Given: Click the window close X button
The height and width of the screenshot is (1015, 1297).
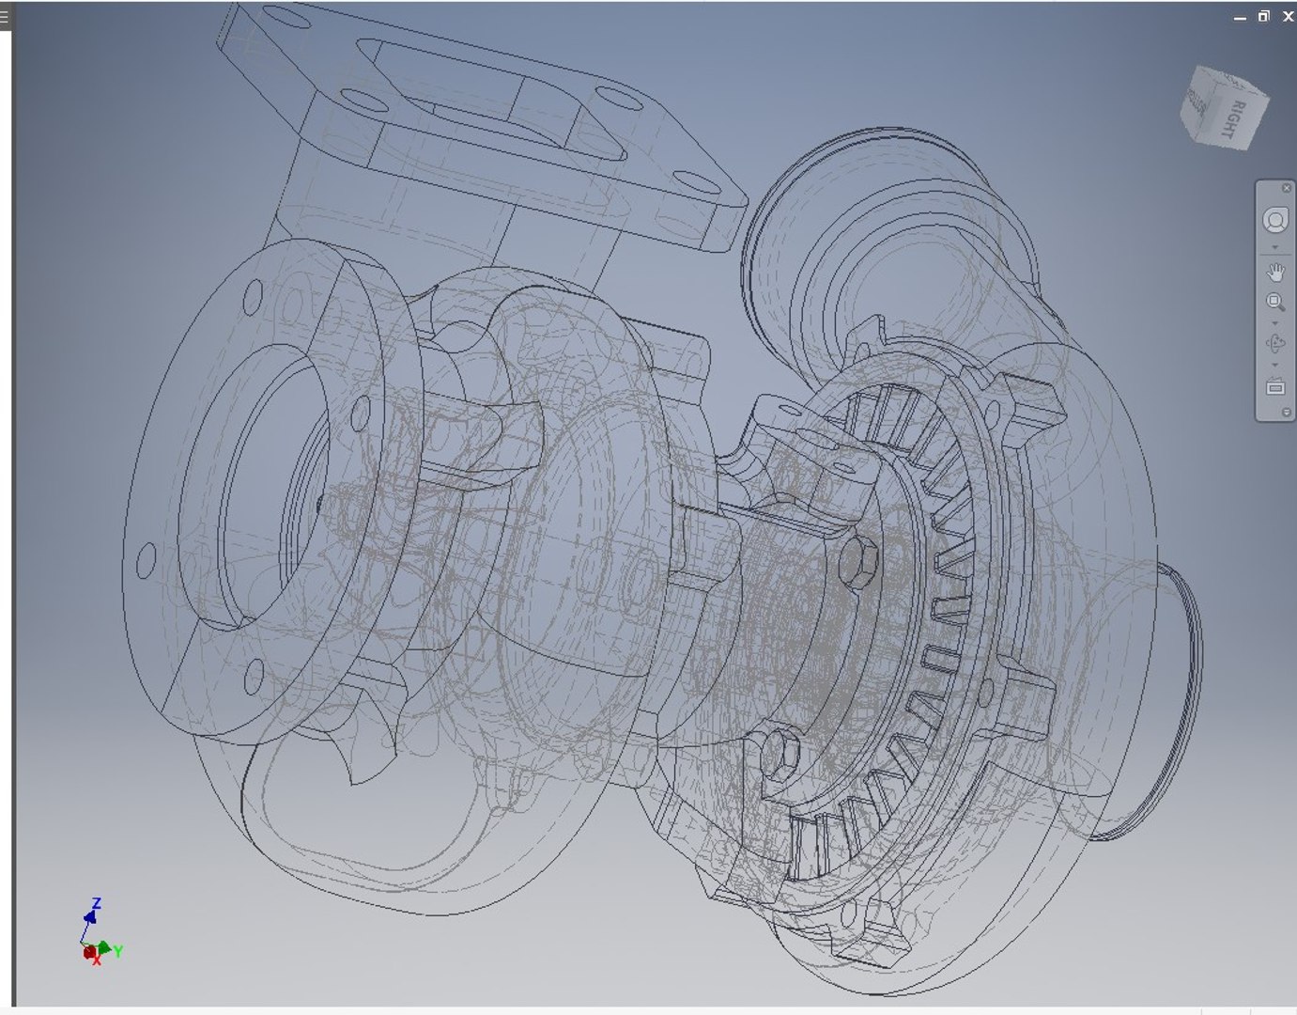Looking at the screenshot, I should click(x=1288, y=16).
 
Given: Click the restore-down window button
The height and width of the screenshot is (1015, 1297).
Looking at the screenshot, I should click(x=1264, y=16).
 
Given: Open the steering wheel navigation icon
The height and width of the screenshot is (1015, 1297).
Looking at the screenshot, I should click(x=1274, y=221).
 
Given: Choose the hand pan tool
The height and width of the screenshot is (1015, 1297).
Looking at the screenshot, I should click(x=1274, y=273).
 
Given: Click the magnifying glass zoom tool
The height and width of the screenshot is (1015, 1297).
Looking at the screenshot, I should click(x=1274, y=303).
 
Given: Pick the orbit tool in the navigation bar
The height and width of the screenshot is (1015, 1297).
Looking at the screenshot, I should click(x=1274, y=344).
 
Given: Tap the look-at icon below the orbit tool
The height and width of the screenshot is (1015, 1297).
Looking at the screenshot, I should click(x=1274, y=386).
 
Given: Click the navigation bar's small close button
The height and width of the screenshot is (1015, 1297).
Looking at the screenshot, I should click(x=1286, y=189).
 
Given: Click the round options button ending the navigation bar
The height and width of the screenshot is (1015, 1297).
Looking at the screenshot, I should click(x=1286, y=413).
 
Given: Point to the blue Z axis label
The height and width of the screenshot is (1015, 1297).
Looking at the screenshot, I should click(x=96, y=904).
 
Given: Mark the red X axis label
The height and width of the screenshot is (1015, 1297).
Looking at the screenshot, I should click(x=96, y=961).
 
